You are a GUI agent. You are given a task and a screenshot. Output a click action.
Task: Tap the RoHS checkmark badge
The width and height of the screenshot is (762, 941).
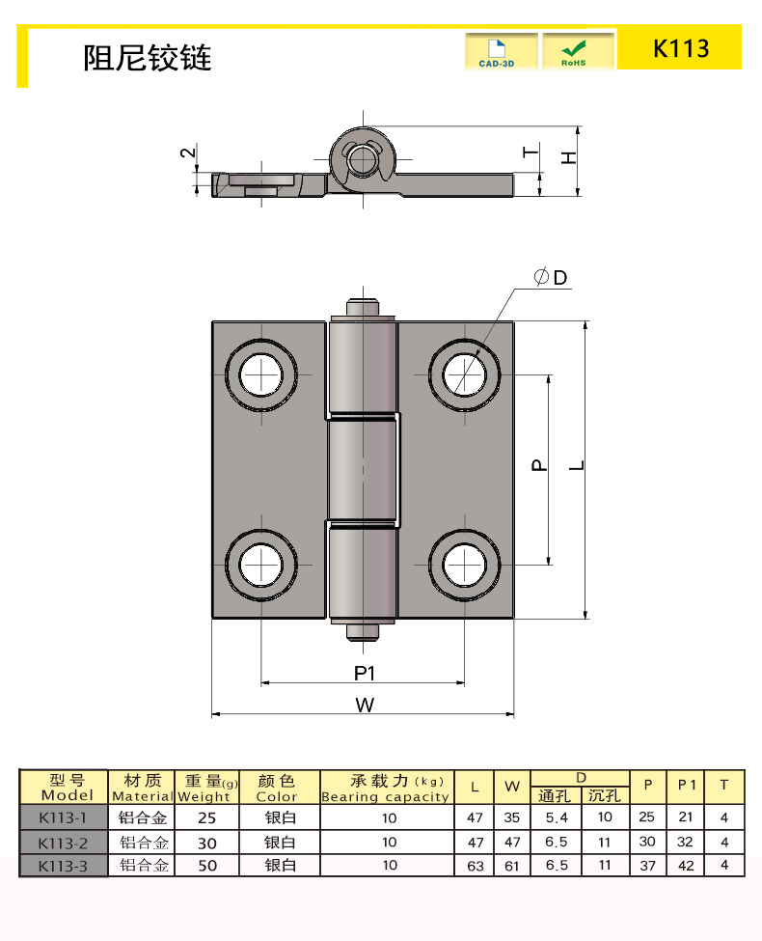577,51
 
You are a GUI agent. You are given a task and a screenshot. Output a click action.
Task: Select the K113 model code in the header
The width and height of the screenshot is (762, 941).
681,48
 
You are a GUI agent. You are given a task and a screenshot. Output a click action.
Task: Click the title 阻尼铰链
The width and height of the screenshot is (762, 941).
147,58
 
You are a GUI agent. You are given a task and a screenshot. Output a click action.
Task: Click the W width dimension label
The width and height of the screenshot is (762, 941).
364,705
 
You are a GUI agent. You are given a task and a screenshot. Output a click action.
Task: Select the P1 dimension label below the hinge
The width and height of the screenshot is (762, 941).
364,673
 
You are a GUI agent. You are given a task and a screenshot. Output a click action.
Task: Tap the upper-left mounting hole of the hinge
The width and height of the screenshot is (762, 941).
261,374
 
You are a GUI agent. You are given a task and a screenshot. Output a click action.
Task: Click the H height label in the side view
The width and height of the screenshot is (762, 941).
569,156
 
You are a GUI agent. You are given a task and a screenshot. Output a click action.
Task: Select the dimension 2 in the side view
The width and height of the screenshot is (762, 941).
189,152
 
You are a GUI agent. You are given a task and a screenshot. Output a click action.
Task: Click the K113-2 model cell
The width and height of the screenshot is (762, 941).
63,842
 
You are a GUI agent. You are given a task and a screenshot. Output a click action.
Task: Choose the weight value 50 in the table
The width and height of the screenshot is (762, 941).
207,866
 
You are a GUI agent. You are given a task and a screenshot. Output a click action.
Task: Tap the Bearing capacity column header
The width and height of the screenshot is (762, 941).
385,789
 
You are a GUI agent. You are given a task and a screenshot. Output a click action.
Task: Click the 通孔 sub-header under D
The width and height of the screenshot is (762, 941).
556,796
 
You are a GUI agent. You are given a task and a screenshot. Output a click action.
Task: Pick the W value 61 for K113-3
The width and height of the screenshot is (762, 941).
512,866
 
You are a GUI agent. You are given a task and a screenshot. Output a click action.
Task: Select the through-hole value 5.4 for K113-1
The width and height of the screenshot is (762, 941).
557,817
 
